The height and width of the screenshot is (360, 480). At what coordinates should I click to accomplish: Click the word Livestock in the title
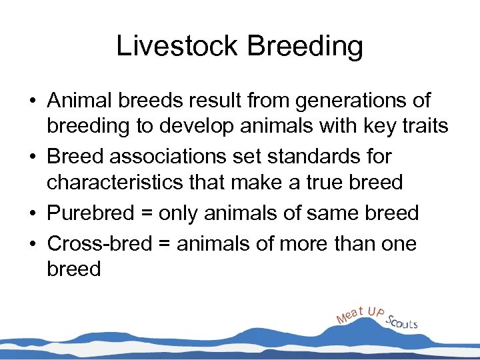pyautogui.click(x=175, y=47)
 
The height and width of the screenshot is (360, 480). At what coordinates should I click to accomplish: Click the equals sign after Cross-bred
pyautogui.click(x=164, y=245)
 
